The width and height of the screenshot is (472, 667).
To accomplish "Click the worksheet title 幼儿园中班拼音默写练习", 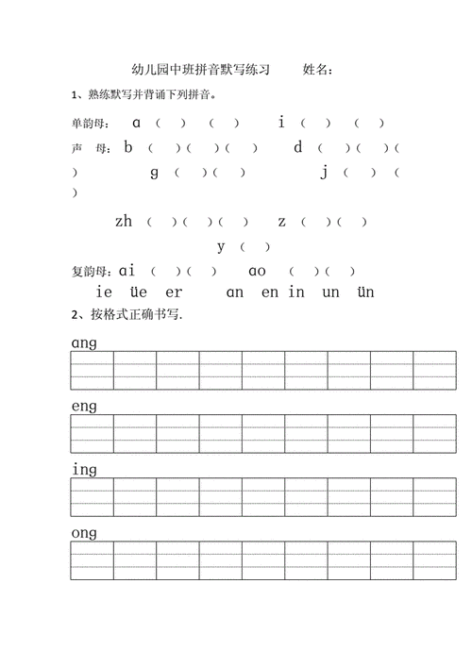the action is (201, 70).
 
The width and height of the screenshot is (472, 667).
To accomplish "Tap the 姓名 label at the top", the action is (318, 70).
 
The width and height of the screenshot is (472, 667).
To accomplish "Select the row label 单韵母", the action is (91, 123).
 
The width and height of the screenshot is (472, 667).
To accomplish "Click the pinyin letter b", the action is (128, 146).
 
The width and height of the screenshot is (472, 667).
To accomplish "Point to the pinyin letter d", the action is (297, 146).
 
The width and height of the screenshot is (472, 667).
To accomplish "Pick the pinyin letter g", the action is (155, 172).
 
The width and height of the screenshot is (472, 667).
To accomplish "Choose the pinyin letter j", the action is (324, 172).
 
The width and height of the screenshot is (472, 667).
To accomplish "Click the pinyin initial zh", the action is (124, 222).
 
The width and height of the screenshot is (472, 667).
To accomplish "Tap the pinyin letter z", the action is (281, 222).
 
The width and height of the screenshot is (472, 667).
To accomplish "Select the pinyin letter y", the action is (221, 246).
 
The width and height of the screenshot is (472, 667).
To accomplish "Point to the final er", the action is (174, 292).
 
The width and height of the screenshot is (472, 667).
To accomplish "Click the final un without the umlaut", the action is (330, 292).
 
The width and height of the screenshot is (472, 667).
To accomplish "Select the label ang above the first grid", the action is (84, 343).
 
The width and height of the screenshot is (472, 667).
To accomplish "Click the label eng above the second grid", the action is (84, 407).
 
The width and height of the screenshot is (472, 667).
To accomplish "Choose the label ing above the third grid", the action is (84, 470).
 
